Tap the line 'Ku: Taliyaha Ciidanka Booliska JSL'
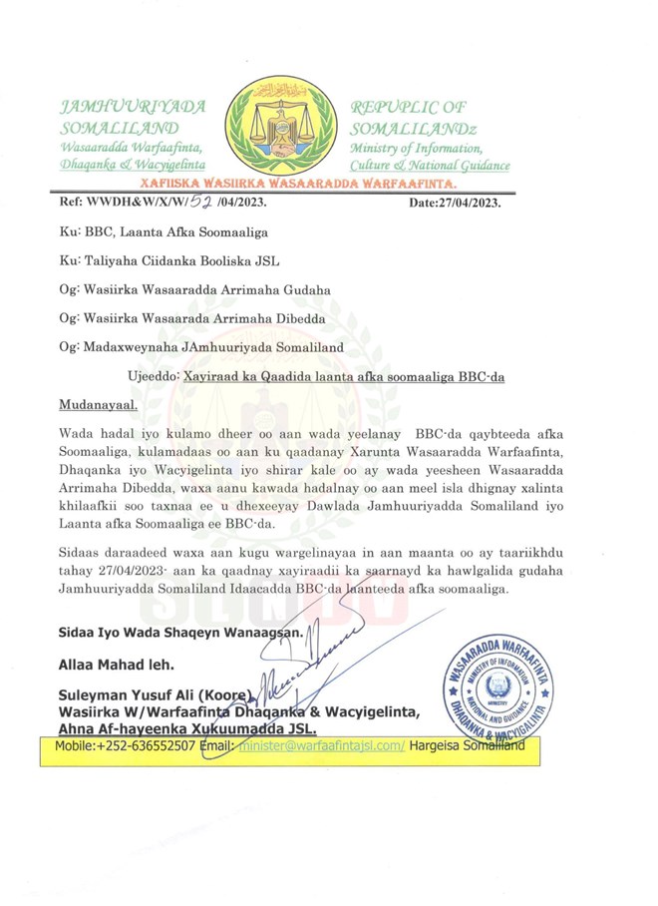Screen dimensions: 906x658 click(x=166, y=261)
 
